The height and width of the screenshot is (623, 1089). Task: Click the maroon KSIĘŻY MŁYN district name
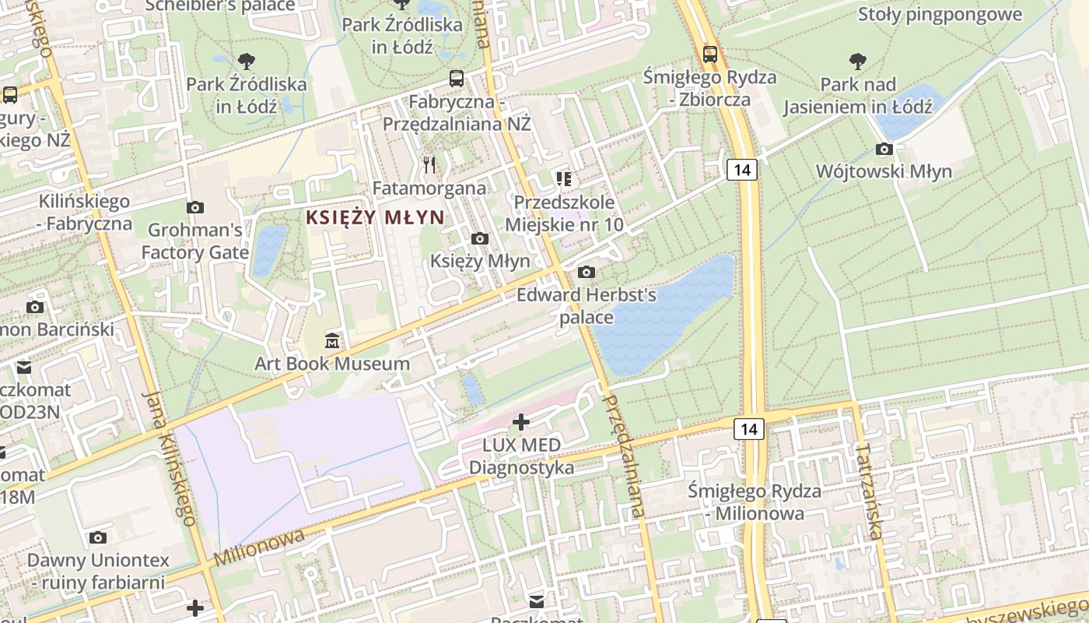point(375,217)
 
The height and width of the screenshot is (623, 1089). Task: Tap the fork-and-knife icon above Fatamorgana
point(429,165)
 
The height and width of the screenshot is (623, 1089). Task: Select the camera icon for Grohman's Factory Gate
point(195,207)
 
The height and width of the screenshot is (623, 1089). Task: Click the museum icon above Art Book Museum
point(332,340)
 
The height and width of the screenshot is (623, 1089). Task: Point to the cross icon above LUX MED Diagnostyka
point(521,422)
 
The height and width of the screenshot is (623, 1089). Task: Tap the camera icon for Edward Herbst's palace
point(587,272)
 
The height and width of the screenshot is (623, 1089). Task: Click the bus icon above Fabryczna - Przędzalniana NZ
point(457,79)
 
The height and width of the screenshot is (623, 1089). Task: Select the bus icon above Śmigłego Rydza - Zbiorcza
point(709,54)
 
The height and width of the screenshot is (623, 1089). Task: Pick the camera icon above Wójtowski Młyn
point(884,149)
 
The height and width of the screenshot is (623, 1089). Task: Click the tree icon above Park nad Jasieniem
point(858,61)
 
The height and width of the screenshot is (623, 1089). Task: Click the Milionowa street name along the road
point(259,548)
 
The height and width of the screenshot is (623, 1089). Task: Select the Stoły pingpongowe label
point(940,14)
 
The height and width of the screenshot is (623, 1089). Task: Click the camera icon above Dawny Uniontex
point(97,537)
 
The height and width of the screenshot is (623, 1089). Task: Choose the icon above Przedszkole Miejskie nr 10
point(564,180)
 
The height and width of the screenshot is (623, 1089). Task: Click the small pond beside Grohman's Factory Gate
point(268,250)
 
